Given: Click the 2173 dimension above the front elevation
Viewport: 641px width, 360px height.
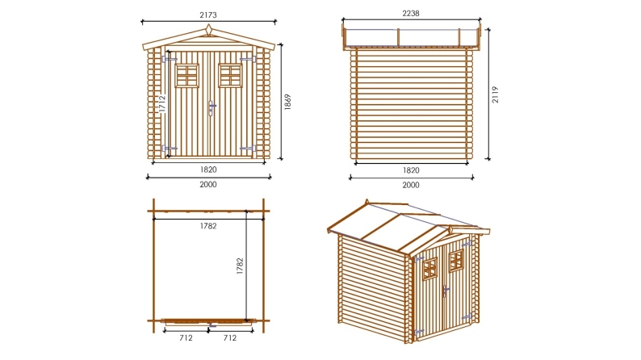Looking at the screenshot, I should tap(209, 15).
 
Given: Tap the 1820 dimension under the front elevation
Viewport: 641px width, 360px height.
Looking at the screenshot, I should tap(209, 170).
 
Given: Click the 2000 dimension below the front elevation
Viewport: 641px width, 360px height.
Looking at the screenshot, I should tap(208, 185).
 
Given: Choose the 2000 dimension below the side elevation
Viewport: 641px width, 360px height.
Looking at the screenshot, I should tap(410, 185).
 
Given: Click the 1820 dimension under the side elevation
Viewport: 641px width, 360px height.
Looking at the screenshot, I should tap(410, 170).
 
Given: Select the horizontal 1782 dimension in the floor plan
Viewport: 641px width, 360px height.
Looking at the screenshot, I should tap(208, 225).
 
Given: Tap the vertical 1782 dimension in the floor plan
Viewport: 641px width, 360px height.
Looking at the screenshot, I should tap(240, 267).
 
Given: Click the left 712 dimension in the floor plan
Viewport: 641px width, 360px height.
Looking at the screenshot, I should tap(186, 337).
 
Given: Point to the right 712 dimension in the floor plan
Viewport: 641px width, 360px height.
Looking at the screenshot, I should tap(230, 337).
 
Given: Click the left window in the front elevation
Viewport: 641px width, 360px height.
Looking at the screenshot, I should tap(187, 75).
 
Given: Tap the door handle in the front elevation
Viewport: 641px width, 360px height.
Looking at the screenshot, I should tap(212, 107).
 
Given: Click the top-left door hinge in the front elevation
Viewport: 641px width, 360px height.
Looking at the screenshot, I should tap(169, 59).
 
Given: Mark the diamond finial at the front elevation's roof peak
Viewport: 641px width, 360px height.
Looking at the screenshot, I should tap(209, 31).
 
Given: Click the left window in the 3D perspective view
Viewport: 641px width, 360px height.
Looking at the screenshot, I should tap(429, 271).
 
